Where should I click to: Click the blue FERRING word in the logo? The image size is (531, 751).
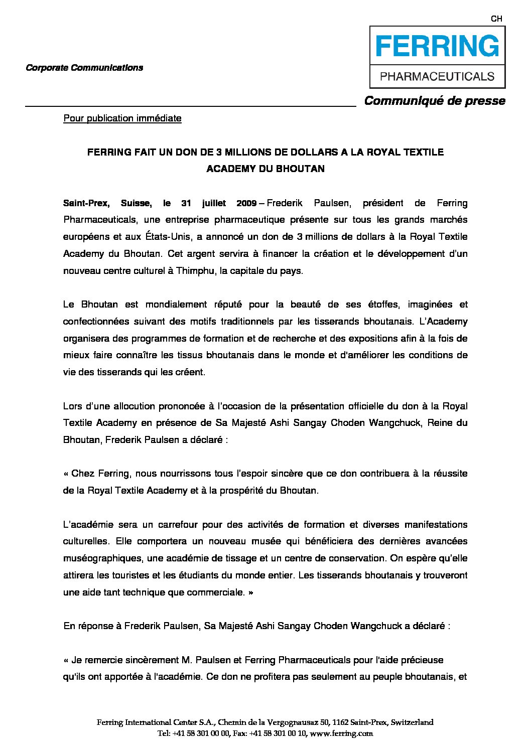(x=437, y=47)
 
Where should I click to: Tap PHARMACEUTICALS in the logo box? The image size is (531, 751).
(x=437, y=77)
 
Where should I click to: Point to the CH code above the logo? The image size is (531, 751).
(x=496, y=19)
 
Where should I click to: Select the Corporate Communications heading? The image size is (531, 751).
(x=84, y=68)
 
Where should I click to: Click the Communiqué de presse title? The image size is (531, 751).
(x=435, y=101)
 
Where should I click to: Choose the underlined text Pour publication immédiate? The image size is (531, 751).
(x=122, y=118)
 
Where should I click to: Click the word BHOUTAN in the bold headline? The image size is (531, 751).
(x=300, y=169)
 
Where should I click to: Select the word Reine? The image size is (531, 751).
(x=440, y=423)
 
